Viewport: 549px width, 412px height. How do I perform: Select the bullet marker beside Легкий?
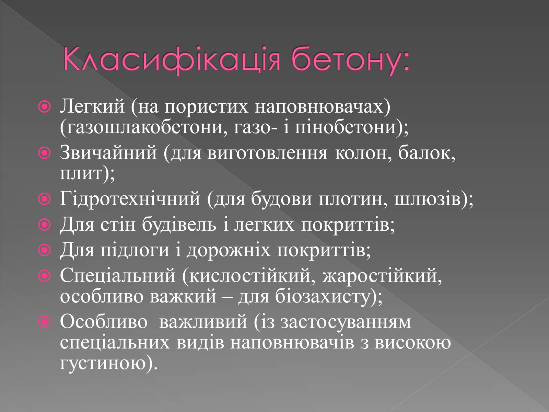coord(45,107)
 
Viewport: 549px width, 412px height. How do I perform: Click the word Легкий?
coord(92,106)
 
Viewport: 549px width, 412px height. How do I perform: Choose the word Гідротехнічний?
coord(130,199)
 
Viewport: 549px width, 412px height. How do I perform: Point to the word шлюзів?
coord(428,199)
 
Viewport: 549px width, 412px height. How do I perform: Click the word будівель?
coord(179,224)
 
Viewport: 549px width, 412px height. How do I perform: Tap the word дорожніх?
coord(229,250)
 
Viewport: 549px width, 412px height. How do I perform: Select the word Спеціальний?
coord(118,276)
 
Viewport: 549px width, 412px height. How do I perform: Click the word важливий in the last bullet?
coord(203,322)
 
